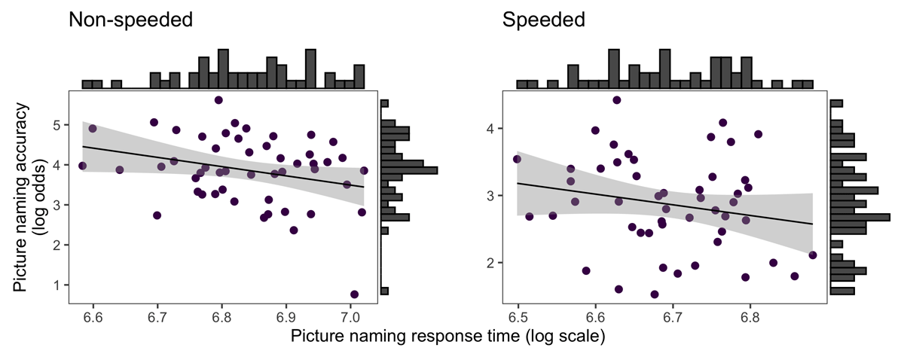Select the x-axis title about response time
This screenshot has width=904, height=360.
pyautogui.click(x=448, y=337)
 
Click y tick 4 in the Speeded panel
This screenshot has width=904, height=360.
pyautogui.click(x=490, y=129)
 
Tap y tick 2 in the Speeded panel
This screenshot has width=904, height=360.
pyautogui.click(x=490, y=263)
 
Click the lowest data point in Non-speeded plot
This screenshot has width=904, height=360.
pyautogui.click(x=355, y=294)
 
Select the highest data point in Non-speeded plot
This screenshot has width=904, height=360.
pyautogui.click(x=218, y=100)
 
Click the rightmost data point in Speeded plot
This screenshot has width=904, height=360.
pyautogui.click(x=812, y=255)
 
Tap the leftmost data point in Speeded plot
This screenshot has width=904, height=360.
pyautogui.click(x=517, y=159)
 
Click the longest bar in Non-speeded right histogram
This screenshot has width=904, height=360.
pyautogui.click(x=409, y=171)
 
